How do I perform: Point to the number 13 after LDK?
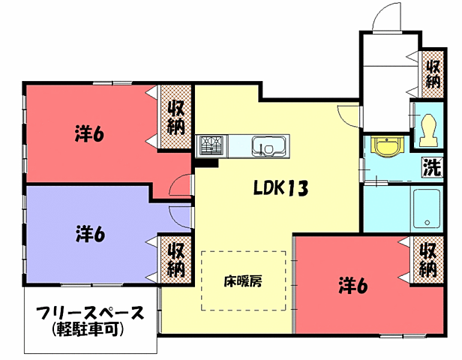(x=297, y=188)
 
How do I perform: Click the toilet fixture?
(x=429, y=130)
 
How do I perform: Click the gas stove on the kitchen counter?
(x=210, y=144)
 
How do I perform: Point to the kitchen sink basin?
(x=267, y=145)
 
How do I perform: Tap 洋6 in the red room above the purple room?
(x=89, y=134)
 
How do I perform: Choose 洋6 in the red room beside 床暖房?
(x=352, y=286)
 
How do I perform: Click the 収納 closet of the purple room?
(x=175, y=257)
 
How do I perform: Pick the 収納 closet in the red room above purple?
(x=175, y=117)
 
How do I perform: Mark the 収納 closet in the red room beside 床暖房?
(x=427, y=257)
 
